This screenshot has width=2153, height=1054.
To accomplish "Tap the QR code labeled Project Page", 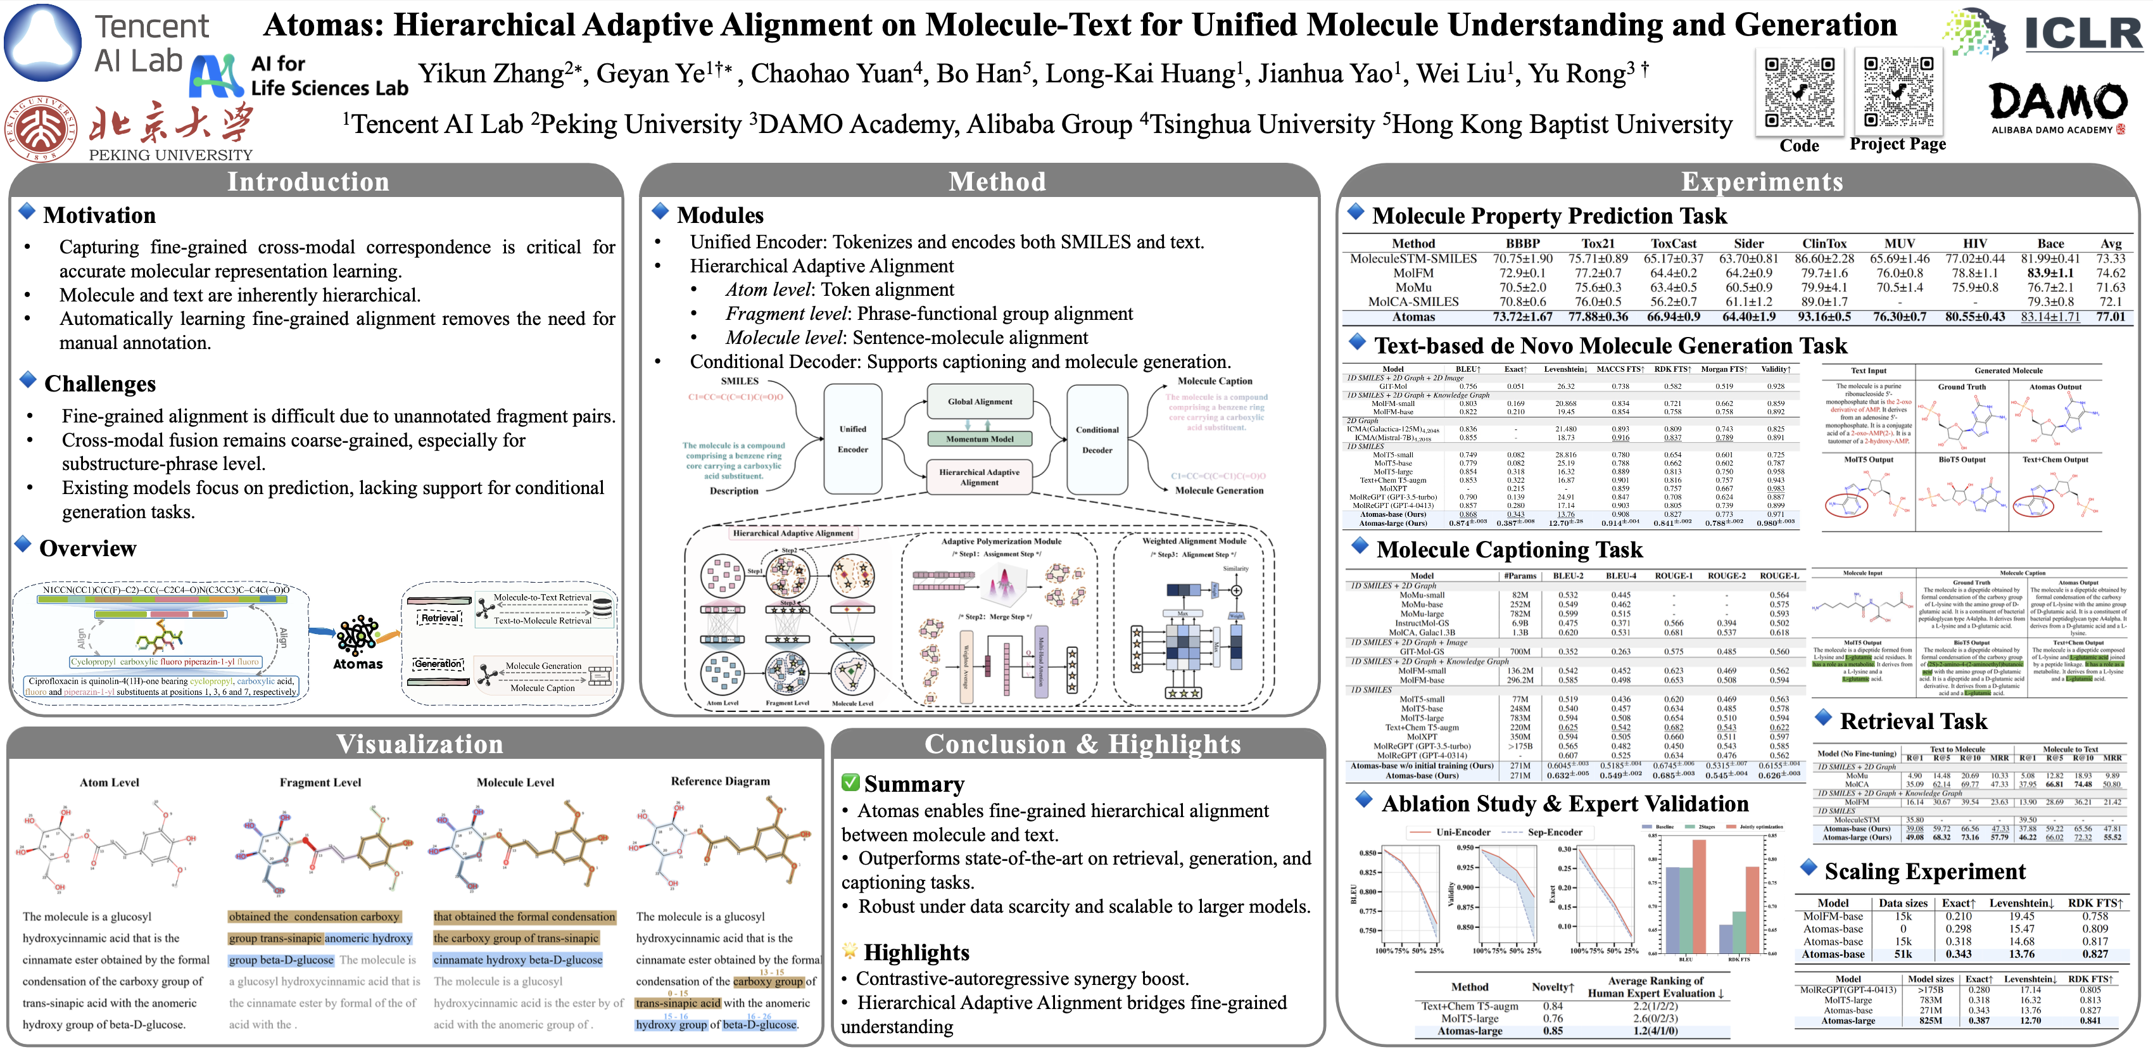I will coord(1898,91).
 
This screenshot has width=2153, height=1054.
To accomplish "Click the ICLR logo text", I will coord(2083,34).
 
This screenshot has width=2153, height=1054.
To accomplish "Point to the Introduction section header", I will coord(308,181).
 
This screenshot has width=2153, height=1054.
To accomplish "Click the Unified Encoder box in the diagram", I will coord(852,440).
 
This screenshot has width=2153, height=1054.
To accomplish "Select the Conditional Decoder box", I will coord(1097,440).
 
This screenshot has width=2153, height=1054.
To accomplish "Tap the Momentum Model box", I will coord(980,439).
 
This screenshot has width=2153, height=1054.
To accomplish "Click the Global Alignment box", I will coord(980,402).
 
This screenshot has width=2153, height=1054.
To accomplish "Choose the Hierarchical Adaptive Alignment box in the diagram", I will coord(980,477).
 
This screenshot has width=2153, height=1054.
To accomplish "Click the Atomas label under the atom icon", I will coord(358,664).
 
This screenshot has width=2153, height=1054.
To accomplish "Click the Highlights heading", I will coord(916,953).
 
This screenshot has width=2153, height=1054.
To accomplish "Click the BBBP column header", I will coord(1523,244).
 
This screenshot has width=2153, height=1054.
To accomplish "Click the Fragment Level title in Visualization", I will coord(320,782).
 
